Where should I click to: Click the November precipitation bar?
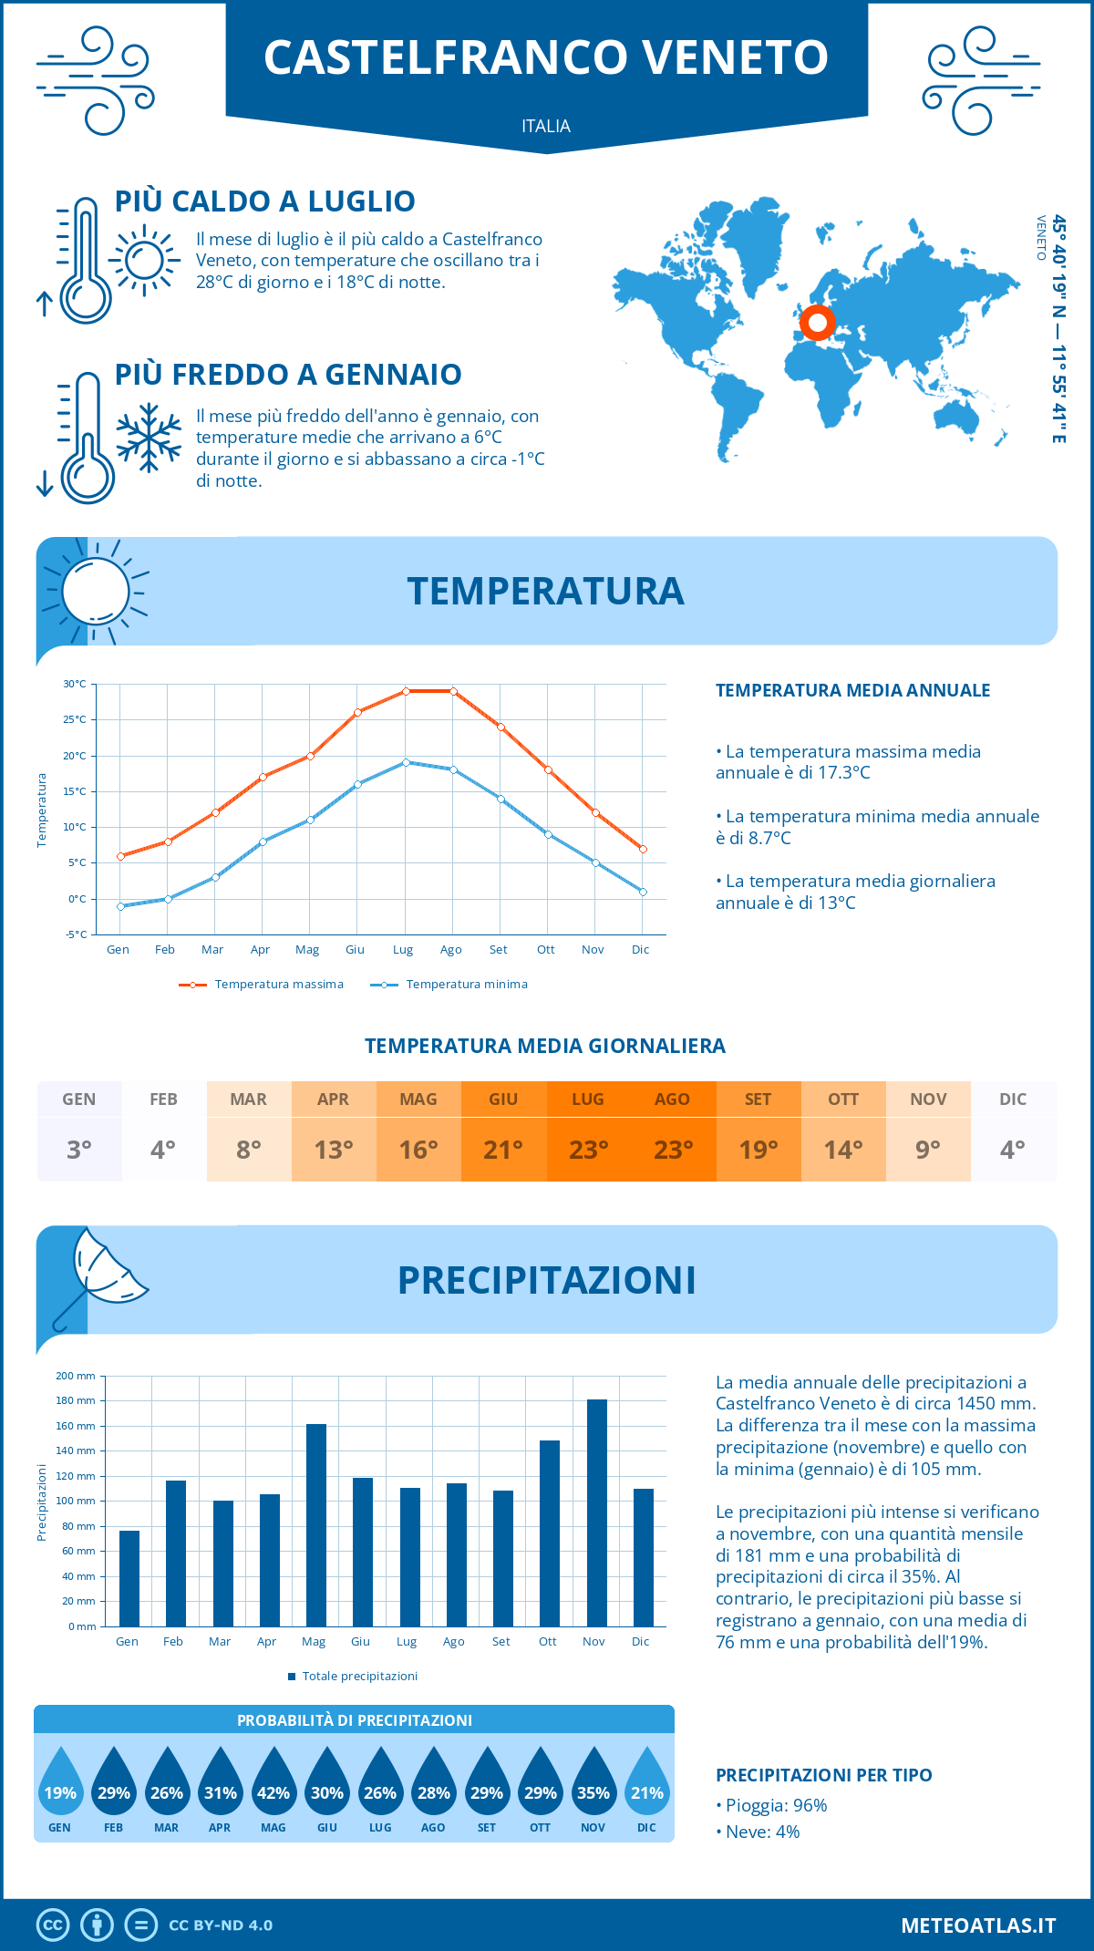click(x=597, y=1513)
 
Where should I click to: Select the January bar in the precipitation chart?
click(x=129, y=1578)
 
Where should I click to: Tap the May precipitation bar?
click(x=316, y=1525)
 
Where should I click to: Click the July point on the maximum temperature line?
click(x=406, y=691)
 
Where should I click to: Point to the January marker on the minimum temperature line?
click(x=120, y=906)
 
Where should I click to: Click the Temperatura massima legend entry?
click(x=263, y=985)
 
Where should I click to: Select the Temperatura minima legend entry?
click(x=450, y=985)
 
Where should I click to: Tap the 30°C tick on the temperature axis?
click(x=75, y=684)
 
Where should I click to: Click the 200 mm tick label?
click(x=76, y=1376)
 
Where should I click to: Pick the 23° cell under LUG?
click(x=588, y=1150)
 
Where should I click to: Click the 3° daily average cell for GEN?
click(x=79, y=1150)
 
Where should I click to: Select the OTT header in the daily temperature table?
click(x=843, y=1099)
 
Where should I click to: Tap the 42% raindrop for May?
click(x=273, y=1785)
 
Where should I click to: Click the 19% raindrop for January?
click(x=60, y=1785)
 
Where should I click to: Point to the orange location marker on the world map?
click(x=818, y=322)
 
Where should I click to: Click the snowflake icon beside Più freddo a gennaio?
click(x=149, y=438)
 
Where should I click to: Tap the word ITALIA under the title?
click(x=546, y=127)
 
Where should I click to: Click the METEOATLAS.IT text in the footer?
click(x=978, y=1925)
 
